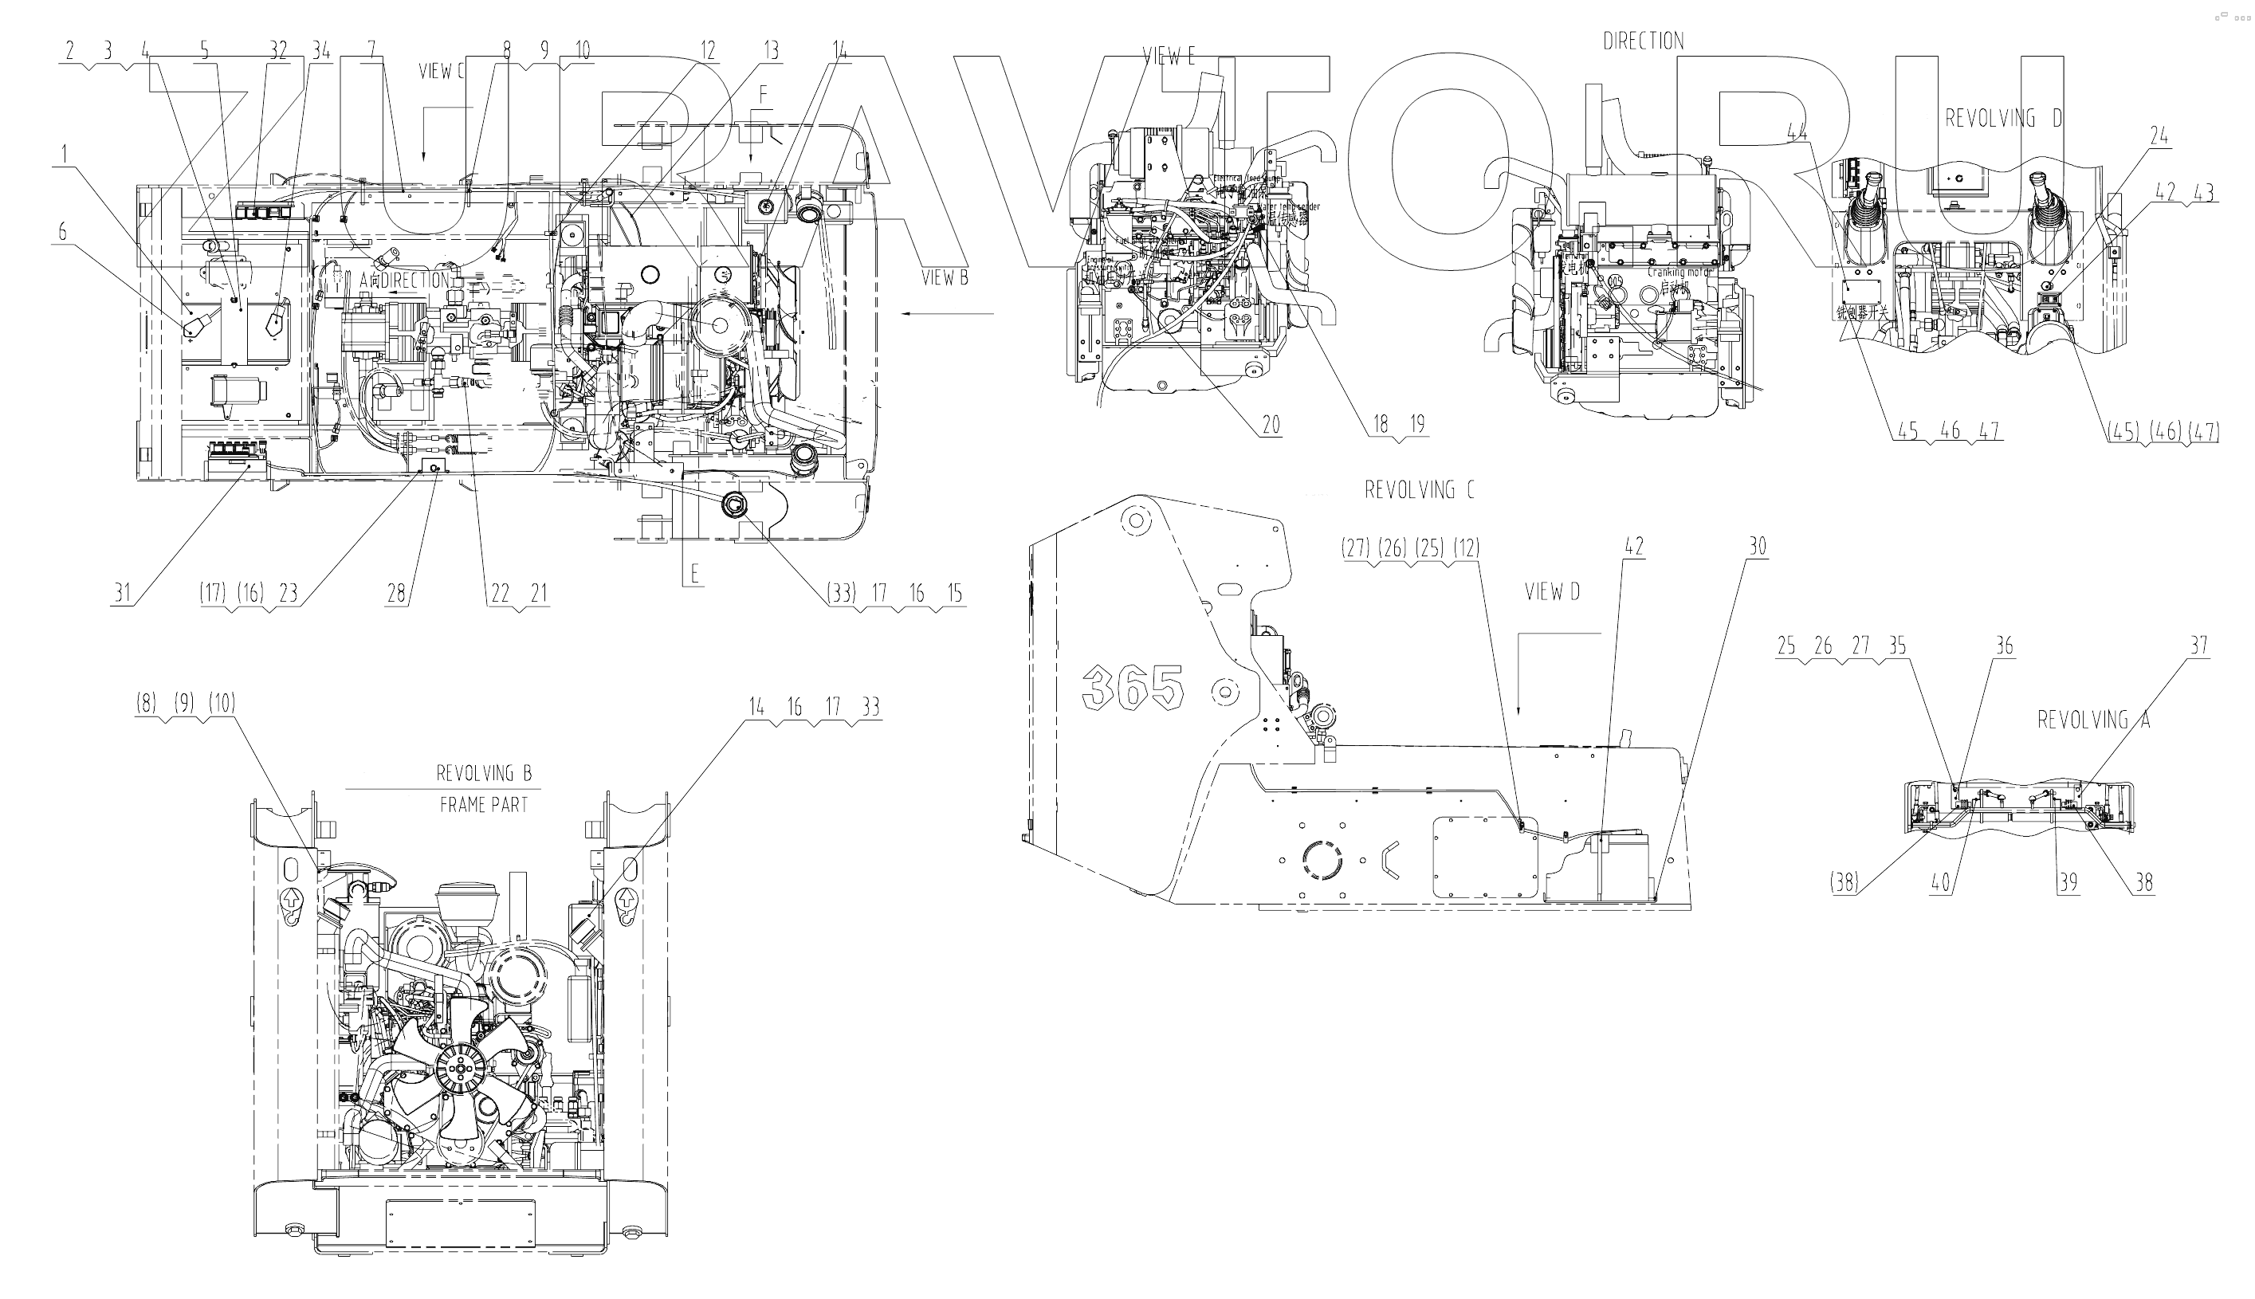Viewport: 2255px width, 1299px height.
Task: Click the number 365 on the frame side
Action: tap(1132, 687)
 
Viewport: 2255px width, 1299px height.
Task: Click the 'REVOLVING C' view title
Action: tap(1419, 490)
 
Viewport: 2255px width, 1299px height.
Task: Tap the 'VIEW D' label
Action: tap(1552, 592)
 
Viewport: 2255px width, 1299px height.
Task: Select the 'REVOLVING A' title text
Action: tap(2092, 719)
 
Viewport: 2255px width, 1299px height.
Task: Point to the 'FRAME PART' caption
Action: tap(483, 805)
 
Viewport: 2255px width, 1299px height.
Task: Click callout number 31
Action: tap(122, 592)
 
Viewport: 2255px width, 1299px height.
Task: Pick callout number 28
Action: tap(395, 592)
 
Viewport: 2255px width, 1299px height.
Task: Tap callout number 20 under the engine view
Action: tap(1270, 425)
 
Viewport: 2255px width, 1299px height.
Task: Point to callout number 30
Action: tap(1757, 546)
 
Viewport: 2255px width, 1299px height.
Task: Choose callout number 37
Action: tap(2198, 645)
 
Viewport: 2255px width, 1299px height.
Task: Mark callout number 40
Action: tap(1940, 882)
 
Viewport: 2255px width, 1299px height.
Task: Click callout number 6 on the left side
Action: tap(61, 232)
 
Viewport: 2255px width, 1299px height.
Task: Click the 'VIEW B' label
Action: tap(944, 277)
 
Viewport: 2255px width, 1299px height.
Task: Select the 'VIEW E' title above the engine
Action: tap(1168, 57)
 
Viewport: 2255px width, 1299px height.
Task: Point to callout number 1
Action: tap(62, 155)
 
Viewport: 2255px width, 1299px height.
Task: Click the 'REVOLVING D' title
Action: tap(2003, 119)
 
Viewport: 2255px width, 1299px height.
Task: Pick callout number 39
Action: tap(2068, 882)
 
